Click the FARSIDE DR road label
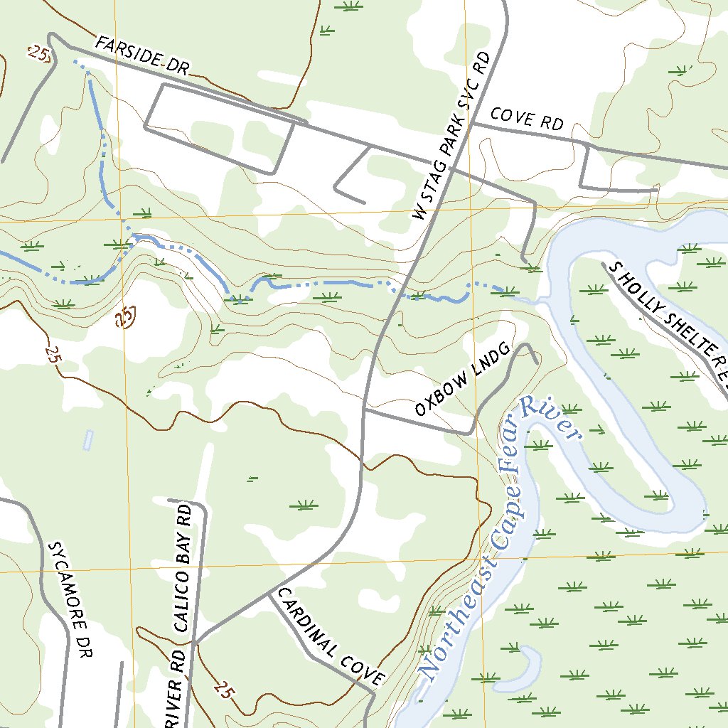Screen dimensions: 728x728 click(x=141, y=56)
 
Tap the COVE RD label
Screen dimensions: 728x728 click(x=527, y=119)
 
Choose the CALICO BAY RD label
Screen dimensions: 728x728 click(x=181, y=569)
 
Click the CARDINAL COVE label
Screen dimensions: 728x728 click(x=331, y=637)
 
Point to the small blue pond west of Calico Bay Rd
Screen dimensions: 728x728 click(x=88, y=440)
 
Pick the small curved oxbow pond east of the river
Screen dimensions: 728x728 click(x=526, y=665)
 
